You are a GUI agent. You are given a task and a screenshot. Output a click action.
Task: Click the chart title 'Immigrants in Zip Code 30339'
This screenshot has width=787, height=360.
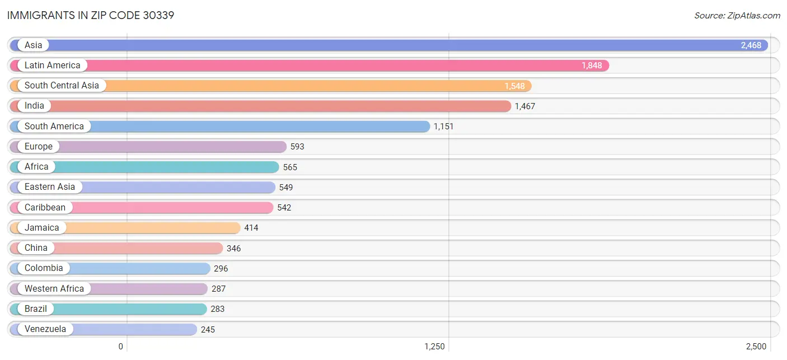91,15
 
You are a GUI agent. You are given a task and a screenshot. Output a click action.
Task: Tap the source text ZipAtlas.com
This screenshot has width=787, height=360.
737,16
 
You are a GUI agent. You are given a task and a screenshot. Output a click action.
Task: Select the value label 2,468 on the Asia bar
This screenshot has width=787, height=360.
751,45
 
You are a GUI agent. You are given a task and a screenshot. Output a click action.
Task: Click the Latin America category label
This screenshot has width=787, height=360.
52,66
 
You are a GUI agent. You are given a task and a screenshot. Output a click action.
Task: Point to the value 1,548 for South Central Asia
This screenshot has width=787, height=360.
514,86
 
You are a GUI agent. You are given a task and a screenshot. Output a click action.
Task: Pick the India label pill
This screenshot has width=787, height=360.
34,106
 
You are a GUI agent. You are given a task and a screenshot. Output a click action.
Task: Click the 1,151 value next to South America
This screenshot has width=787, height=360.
443,127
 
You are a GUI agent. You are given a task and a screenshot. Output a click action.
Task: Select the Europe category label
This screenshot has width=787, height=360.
38,147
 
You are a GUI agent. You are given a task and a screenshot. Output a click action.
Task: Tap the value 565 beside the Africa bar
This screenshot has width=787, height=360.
290,167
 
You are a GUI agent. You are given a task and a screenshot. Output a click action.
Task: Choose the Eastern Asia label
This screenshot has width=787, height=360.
49,187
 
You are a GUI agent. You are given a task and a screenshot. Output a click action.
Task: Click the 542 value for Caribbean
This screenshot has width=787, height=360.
284,208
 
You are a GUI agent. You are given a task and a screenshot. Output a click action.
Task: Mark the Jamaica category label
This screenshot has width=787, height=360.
41,228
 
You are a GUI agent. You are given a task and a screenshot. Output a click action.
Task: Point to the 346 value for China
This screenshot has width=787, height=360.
233,248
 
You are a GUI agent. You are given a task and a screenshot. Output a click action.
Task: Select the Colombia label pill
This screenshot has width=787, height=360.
44,268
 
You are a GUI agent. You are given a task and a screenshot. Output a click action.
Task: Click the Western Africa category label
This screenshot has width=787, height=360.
54,289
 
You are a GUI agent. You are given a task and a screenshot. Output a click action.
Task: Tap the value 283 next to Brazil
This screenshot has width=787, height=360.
217,309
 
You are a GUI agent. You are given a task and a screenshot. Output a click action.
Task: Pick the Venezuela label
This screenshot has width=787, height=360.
45,329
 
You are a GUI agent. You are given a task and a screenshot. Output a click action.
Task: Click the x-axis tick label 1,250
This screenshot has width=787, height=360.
434,347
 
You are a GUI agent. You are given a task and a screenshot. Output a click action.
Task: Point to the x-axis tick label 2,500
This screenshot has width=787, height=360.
756,347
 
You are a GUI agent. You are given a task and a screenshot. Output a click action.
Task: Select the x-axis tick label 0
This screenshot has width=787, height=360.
120,347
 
